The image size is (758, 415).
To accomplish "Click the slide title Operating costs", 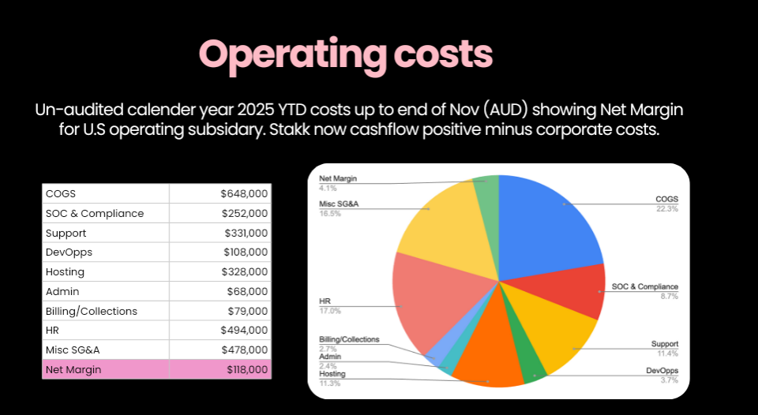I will click(x=346, y=53).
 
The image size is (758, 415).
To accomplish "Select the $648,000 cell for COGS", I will click(x=244, y=193).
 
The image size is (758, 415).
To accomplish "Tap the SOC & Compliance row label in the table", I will click(x=95, y=213).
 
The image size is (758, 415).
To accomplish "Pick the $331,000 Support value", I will click(x=244, y=233).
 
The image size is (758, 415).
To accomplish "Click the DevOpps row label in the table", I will click(x=69, y=252).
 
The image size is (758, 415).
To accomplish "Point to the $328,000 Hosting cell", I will click(x=244, y=271).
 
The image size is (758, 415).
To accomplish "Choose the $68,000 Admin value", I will click(x=247, y=291).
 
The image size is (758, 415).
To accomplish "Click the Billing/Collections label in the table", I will click(x=92, y=311).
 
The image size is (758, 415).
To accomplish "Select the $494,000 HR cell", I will click(x=244, y=330).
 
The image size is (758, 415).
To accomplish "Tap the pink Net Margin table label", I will click(x=73, y=369).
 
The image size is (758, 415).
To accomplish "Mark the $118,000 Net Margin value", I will click(x=247, y=369).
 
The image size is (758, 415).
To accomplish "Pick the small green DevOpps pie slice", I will click(x=533, y=369).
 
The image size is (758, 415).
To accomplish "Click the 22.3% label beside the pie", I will click(x=667, y=208).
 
